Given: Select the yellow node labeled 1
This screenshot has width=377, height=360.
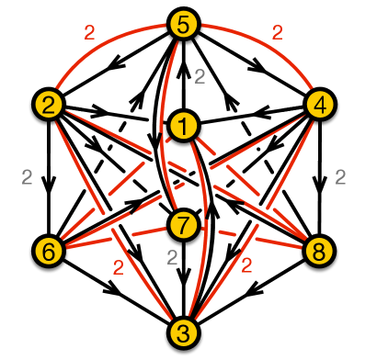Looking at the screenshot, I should tap(184, 124).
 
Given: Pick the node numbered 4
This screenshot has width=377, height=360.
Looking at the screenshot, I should tap(319, 101).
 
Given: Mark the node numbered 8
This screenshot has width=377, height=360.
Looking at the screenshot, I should tap(319, 249).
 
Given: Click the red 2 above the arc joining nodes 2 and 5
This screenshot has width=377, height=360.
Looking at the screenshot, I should tap(88, 32).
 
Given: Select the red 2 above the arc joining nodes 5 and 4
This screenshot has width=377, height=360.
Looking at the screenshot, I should tap(277, 32).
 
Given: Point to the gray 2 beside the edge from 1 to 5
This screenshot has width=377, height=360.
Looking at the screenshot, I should tap(200, 77).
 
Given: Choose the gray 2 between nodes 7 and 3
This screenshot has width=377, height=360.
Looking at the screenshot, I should tap(171, 257).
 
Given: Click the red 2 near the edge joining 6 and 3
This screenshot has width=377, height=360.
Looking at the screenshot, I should tap(117, 268).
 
